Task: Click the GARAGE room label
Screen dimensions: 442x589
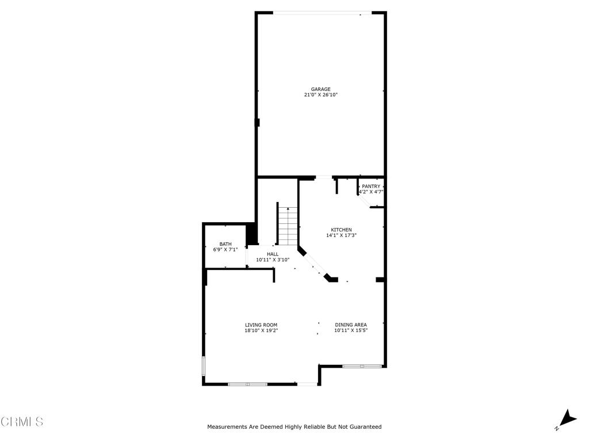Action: click(x=321, y=89)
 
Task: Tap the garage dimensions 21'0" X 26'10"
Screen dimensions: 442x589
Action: click(x=321, y=95)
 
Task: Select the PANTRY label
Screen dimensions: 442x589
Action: click(x=371, y=186)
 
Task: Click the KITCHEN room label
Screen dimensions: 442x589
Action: click(x=341, y=230)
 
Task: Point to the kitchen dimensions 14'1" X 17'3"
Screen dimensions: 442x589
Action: click(x=341, y=235)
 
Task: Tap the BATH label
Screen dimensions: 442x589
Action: click(x=225, y=244)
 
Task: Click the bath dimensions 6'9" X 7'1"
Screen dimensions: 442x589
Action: click(x=225, y=250)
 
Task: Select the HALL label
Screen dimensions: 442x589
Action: click(x=273, y=254)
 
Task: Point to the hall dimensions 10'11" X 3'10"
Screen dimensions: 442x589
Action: click(x=273, y=260)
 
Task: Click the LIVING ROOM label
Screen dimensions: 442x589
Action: click(x=261, y=325)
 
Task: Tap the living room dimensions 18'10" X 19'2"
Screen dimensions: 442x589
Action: click(x=261, y=331)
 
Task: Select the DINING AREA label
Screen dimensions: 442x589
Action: click(x=351, y=325)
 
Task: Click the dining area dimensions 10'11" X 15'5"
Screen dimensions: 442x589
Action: click(x=351, y=331)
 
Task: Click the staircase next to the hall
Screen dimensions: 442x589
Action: click(x=288, y=226)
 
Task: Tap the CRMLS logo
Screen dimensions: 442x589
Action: click(x=22, y=422)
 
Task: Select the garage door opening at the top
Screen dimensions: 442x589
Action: click(x=322, y=13)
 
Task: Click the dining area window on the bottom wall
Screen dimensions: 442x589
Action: click(x=362, y=366)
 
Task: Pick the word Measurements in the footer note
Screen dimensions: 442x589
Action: click(x=227, y=427)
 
